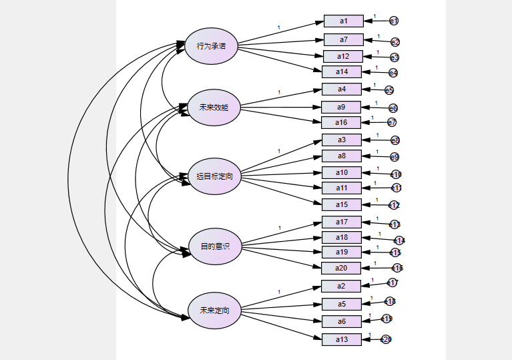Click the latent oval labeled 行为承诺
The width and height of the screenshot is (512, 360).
[x=211, y=46]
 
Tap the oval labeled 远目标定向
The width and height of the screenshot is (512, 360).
[x=214, y=176]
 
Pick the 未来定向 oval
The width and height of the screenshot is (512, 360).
[x=214, y=311]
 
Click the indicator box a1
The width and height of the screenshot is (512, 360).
[x=343, y=21]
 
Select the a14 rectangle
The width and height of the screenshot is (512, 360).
[x=342, y=72]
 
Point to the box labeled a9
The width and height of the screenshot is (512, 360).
[x=340, y=107]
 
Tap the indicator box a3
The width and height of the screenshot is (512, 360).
[x=341, y=140]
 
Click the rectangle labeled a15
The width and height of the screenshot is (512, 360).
[x=342, y=204]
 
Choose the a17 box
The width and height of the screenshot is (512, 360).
[x=341, y=222]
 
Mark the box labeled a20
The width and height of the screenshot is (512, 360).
[x=340, y=268]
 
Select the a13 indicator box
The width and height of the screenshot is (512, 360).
[x=341, y=339]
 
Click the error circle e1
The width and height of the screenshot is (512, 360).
[x=393, y=21]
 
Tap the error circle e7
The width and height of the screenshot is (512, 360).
[x=391, y=122]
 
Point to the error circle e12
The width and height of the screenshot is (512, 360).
[x=395, y=205]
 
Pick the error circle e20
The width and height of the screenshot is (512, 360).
[x=386, y=339]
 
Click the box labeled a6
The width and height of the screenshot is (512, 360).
[x=340, y=321]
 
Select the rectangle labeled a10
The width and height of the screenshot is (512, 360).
[x=341, y=173]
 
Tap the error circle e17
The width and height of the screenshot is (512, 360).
[x=393, y=283]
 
